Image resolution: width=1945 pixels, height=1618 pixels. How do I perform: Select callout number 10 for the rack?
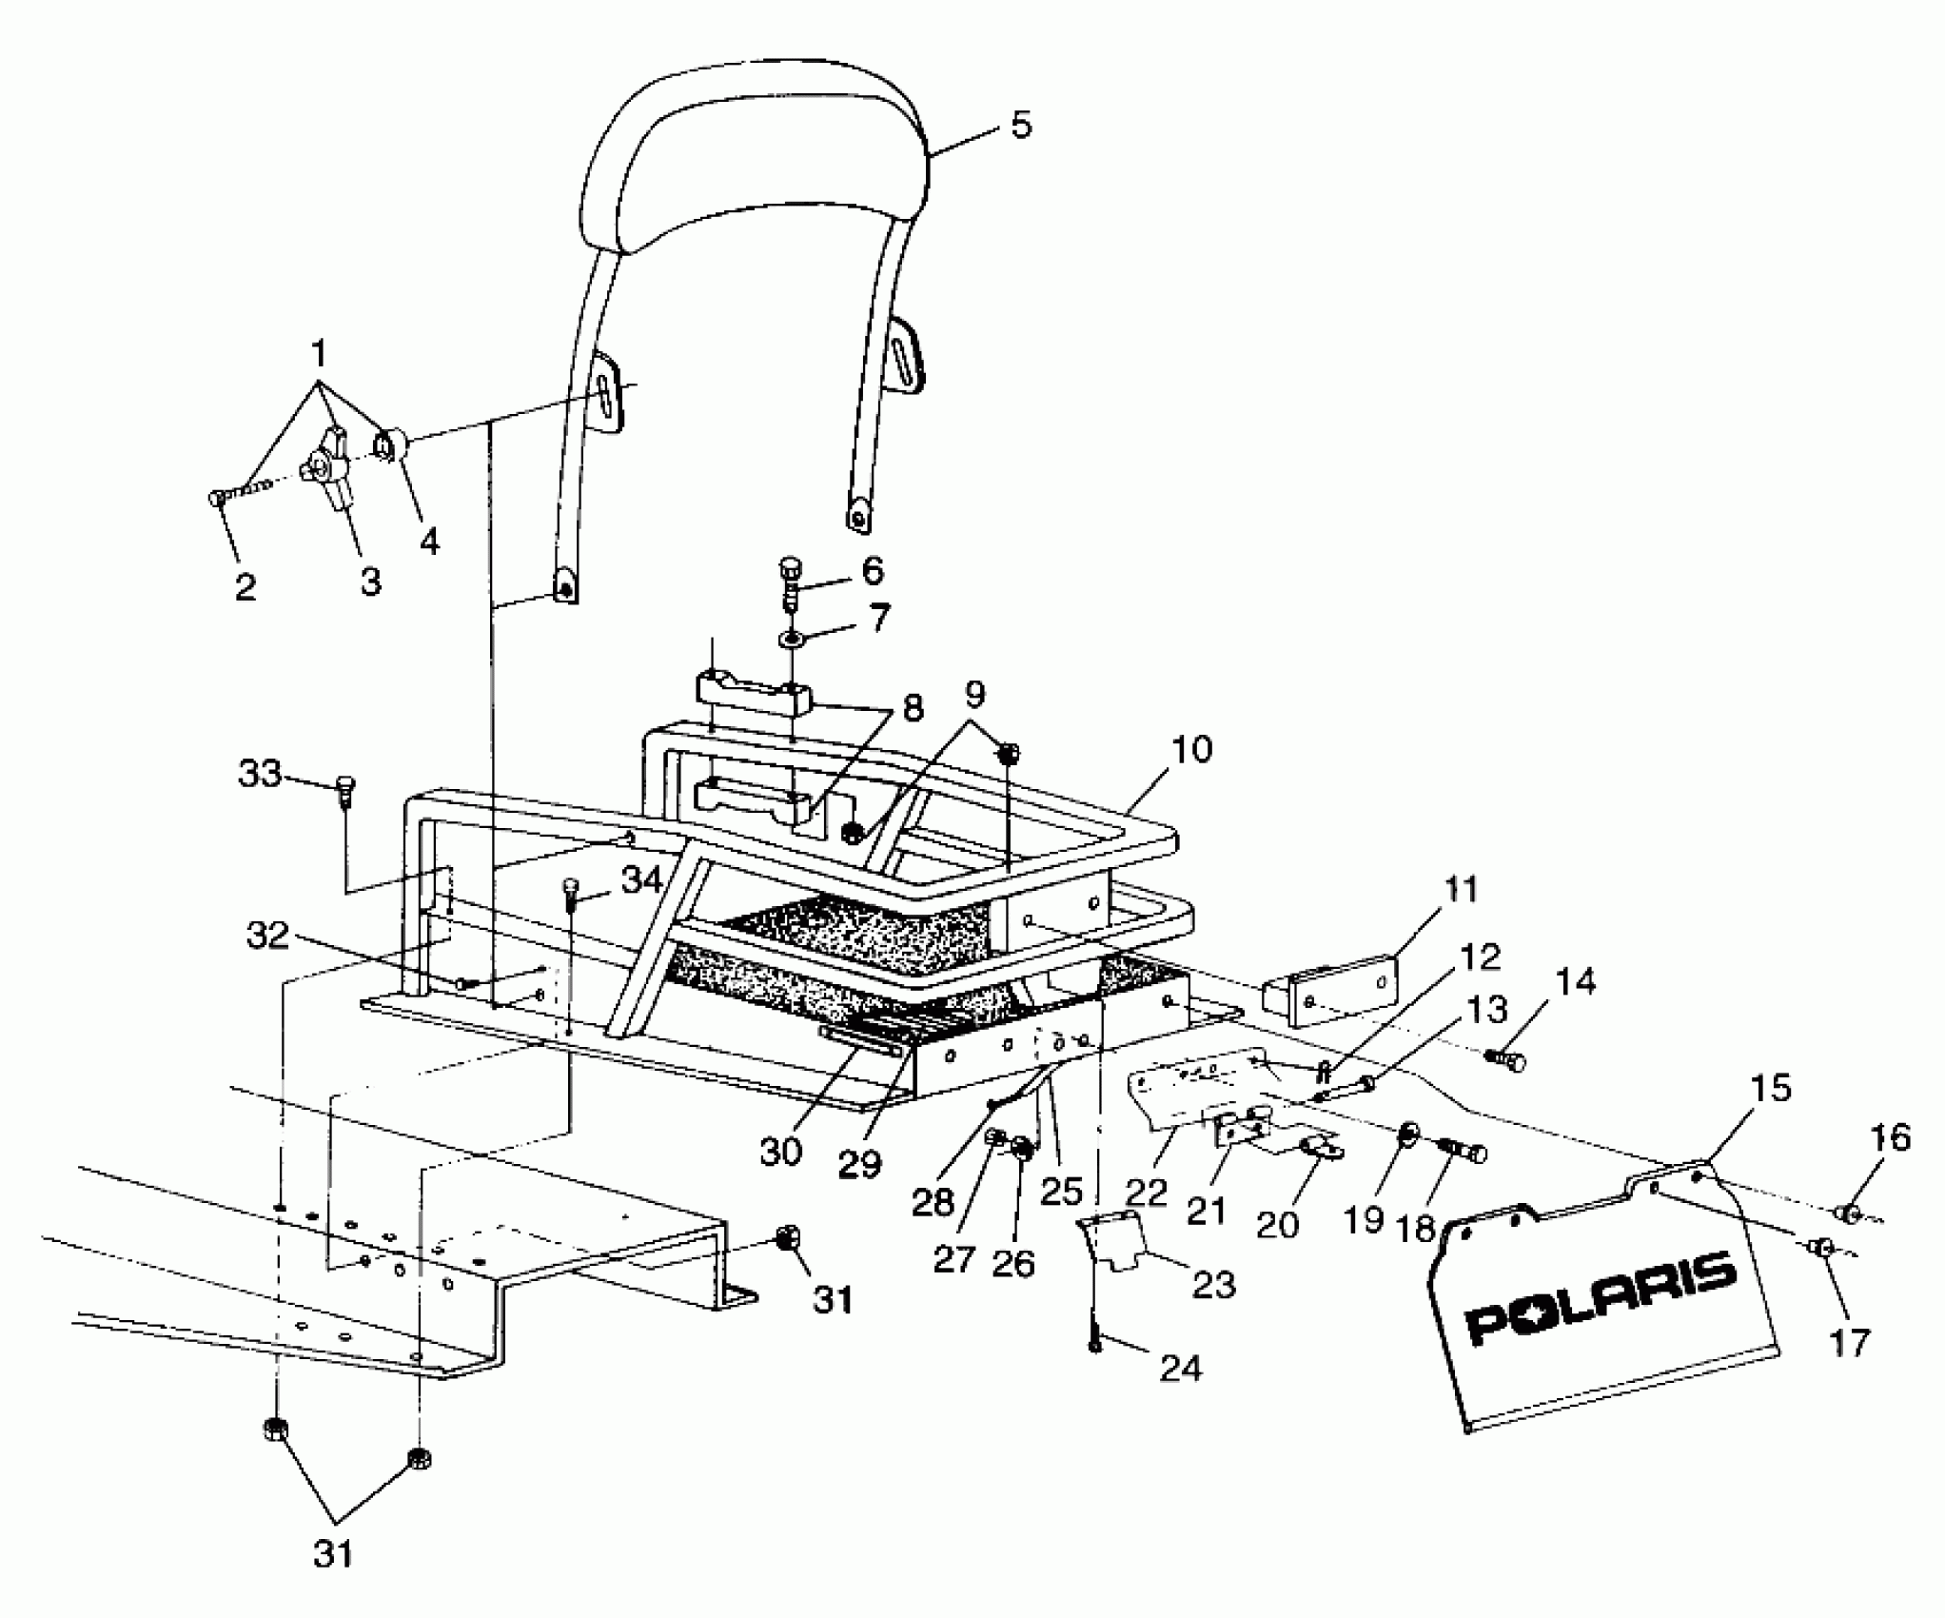[1190, 750]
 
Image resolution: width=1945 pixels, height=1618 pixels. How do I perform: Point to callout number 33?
[260, 774]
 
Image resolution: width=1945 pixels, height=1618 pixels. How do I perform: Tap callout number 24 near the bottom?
[1181, 1370]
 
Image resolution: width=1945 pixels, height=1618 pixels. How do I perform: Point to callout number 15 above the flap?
[1769, 1088]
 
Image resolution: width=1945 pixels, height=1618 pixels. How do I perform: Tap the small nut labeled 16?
[1846, 1213]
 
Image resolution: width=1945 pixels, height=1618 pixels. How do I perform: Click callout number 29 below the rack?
[860, 1164]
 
